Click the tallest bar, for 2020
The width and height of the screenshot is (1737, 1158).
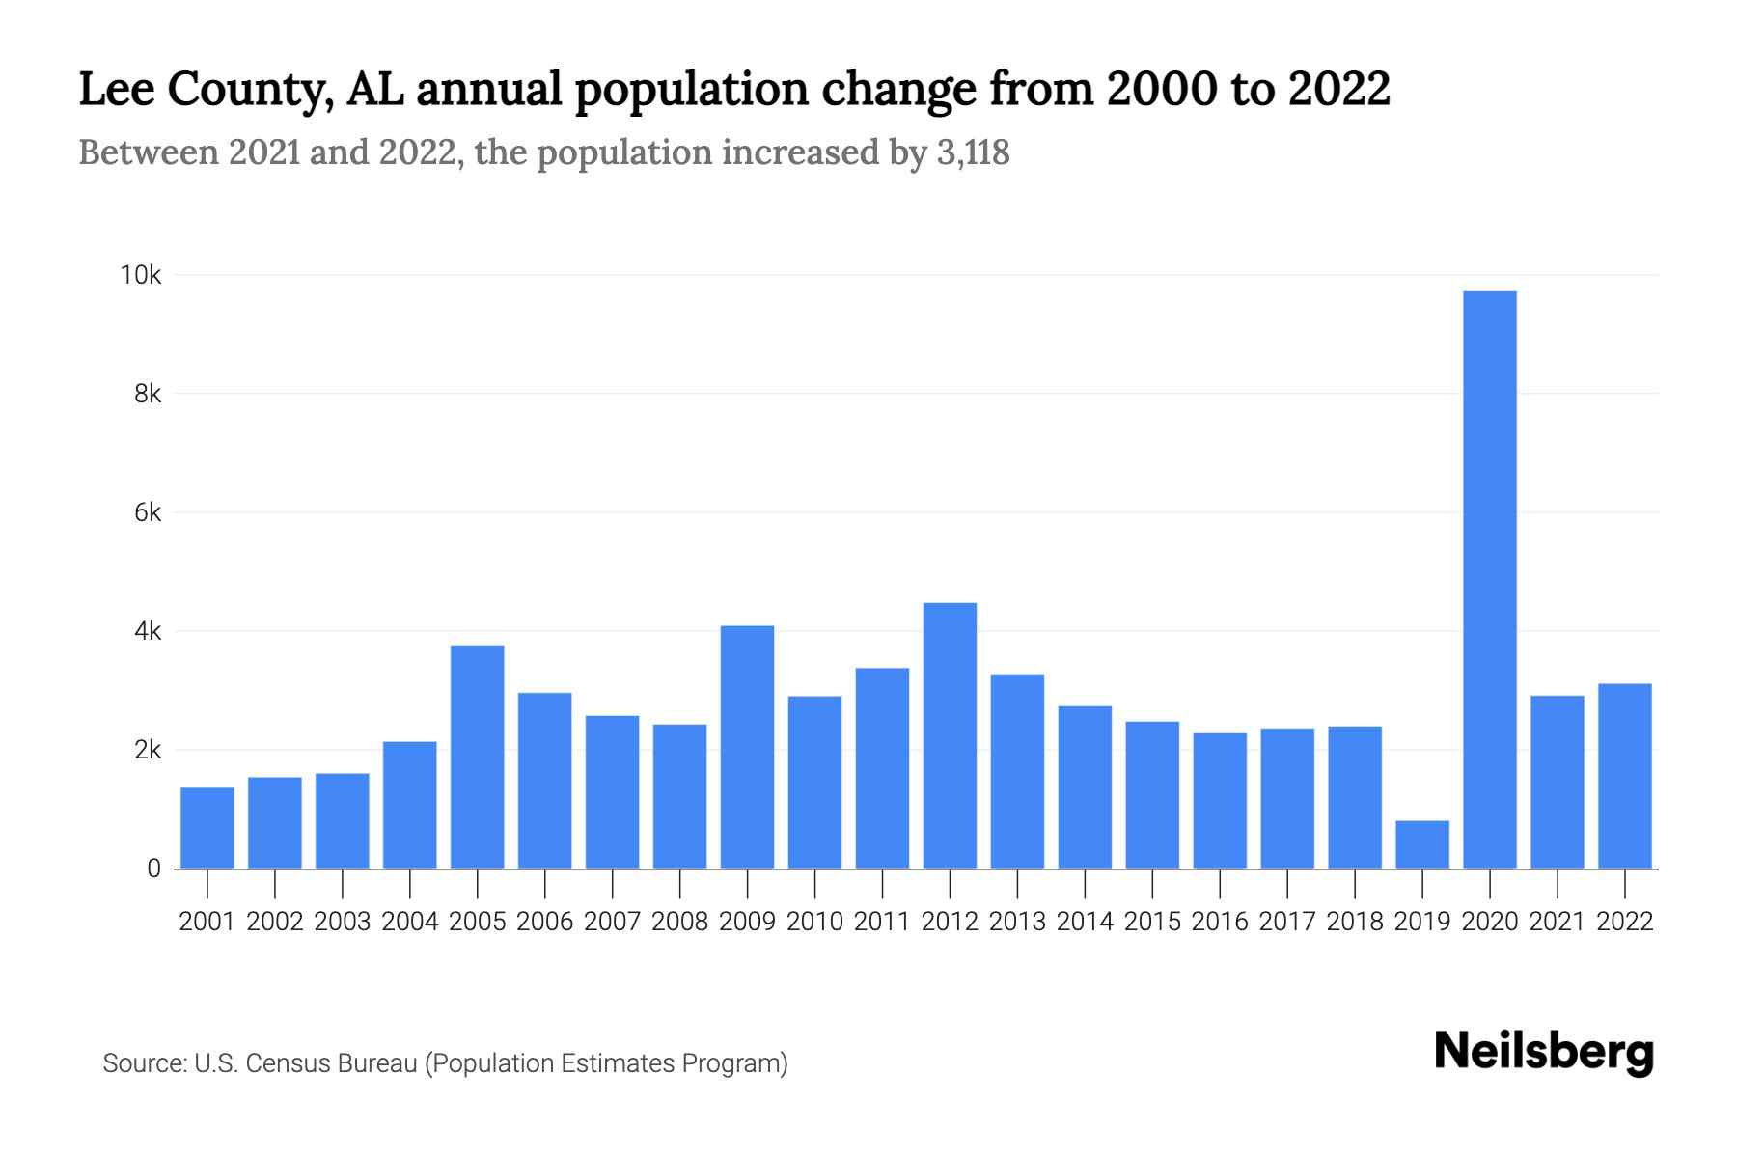click(1490, 579)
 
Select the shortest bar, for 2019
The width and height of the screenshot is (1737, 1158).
click(1422, 844)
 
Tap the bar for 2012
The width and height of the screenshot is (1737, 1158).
click(950, 735)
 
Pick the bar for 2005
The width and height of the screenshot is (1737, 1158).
click(478, 757)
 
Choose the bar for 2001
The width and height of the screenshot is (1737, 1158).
click(207, 828)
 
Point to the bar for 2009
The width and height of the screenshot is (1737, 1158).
click(747, 747)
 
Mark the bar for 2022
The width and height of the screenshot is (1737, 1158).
click(1625, 776)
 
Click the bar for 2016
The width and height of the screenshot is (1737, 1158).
click(1220, 801)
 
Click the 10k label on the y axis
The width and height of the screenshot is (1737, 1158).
click(141, 275)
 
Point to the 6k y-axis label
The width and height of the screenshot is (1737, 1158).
click(148, 512)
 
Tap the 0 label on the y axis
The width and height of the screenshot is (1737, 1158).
click(153, 868)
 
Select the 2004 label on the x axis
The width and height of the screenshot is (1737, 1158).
click(410, 922)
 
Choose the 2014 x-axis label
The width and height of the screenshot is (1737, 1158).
click(1085, 922)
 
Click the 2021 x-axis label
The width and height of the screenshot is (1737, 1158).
click(1558, 922)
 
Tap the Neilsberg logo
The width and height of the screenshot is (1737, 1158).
click(1544, 1052)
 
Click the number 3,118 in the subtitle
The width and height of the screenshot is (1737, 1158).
click(973, 152)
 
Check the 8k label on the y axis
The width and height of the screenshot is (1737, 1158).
click(148, 394)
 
